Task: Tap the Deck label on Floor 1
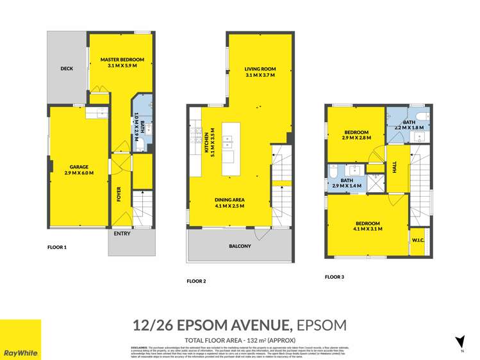[x=67, y=69]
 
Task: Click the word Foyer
[x=119, y=193]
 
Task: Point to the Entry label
[x=122, y=234]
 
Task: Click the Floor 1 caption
[x=57, y=247]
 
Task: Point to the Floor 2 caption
[x=196, y=281]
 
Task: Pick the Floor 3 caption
[x=335, y=277]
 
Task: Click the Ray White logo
[x=21, y=340]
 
